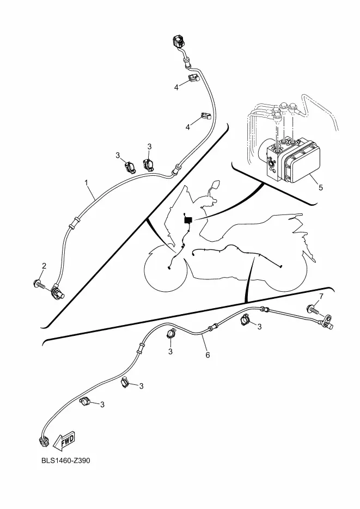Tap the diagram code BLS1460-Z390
65,461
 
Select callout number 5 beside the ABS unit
320,187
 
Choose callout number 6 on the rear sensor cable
208,354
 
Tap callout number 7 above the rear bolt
321,296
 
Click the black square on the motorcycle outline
188,220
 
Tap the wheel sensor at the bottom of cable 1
58,294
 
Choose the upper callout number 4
177,87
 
